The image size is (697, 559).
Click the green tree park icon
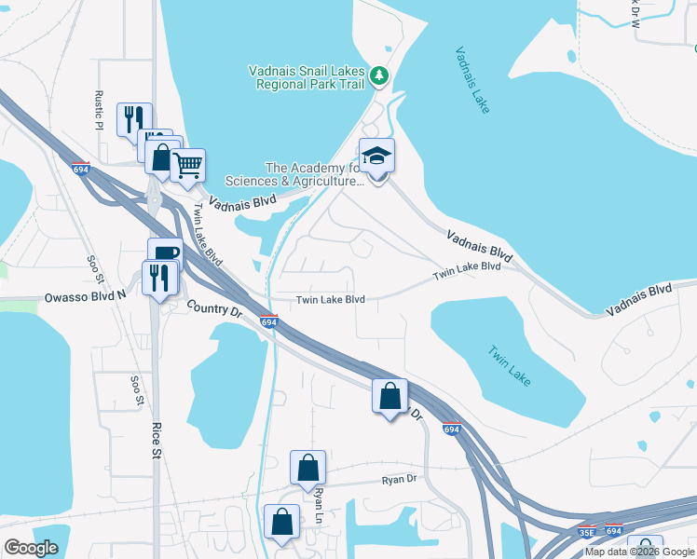point(378,75)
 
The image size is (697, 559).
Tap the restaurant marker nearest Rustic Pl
point(133,119)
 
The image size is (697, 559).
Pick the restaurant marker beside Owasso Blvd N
point(158,279)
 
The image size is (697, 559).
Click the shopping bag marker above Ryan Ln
point(307,470)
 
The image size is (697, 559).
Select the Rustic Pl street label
point(97,110)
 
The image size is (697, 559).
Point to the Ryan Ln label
point(318,504)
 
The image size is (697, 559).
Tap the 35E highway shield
point(586,531)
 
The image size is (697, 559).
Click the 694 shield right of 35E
point(613,531)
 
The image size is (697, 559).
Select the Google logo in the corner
point(31,548)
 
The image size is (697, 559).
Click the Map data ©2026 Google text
point(638,552)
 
